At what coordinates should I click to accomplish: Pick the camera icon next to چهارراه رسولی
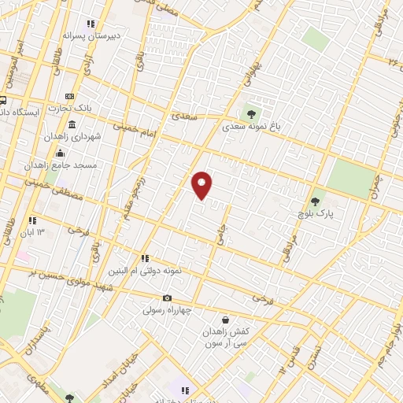(167, 298)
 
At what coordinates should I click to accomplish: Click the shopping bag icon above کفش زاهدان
(226, 320)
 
